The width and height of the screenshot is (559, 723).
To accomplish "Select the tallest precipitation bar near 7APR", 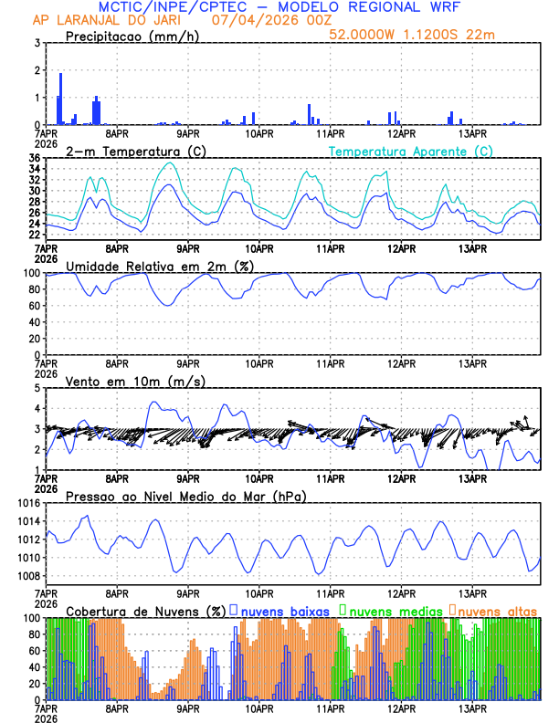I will point(61,99).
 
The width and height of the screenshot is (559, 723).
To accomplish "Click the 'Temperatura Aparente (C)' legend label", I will point(411,151).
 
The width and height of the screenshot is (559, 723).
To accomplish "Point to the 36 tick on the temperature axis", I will point(34,159).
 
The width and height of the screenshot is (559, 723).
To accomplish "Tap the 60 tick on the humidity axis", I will point(33,306).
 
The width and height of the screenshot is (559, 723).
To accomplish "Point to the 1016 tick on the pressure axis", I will point(27,503).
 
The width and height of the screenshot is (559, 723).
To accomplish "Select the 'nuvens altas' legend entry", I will point(497,610).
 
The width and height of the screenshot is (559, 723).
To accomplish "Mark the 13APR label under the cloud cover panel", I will point(472,707).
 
